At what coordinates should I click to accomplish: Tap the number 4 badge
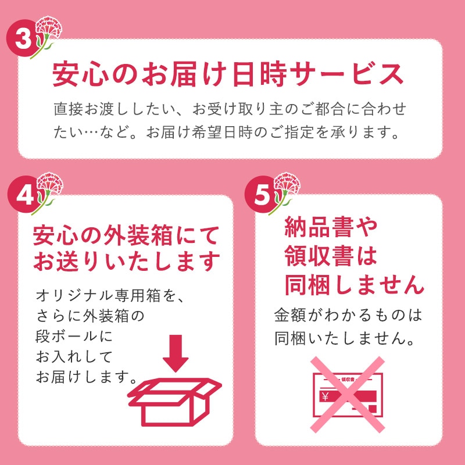click(x=23, y=194)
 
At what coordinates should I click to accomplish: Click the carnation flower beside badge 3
click(x=47, y=36)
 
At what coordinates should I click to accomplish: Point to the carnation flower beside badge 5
click(x=285, y=193)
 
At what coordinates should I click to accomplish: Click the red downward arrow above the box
click(x=176, y=353)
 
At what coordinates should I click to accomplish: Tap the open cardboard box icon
click(x=175, y=402)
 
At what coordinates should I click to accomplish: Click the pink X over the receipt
click(x=347, y=394)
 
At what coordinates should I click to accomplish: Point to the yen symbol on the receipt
click(x=325, y=396)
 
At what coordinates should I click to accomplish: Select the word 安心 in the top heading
click(x=80, y=74)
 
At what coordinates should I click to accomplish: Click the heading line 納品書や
click(x=331, y=227)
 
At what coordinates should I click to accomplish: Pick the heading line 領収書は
click(x=331, y=256)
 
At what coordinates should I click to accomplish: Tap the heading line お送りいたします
click(x=126, y=261)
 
